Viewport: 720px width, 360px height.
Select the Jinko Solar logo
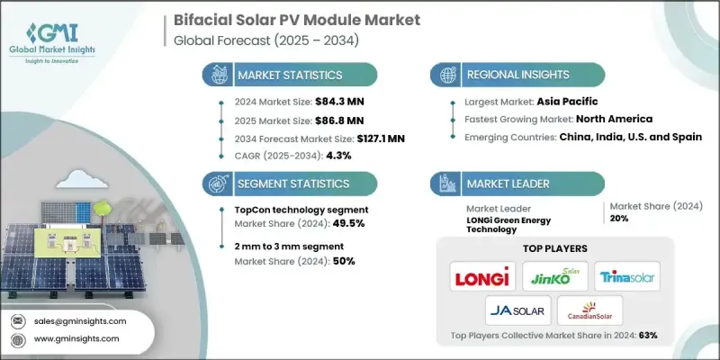point(555,276)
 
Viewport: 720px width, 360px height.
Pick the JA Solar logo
point(514,311)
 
